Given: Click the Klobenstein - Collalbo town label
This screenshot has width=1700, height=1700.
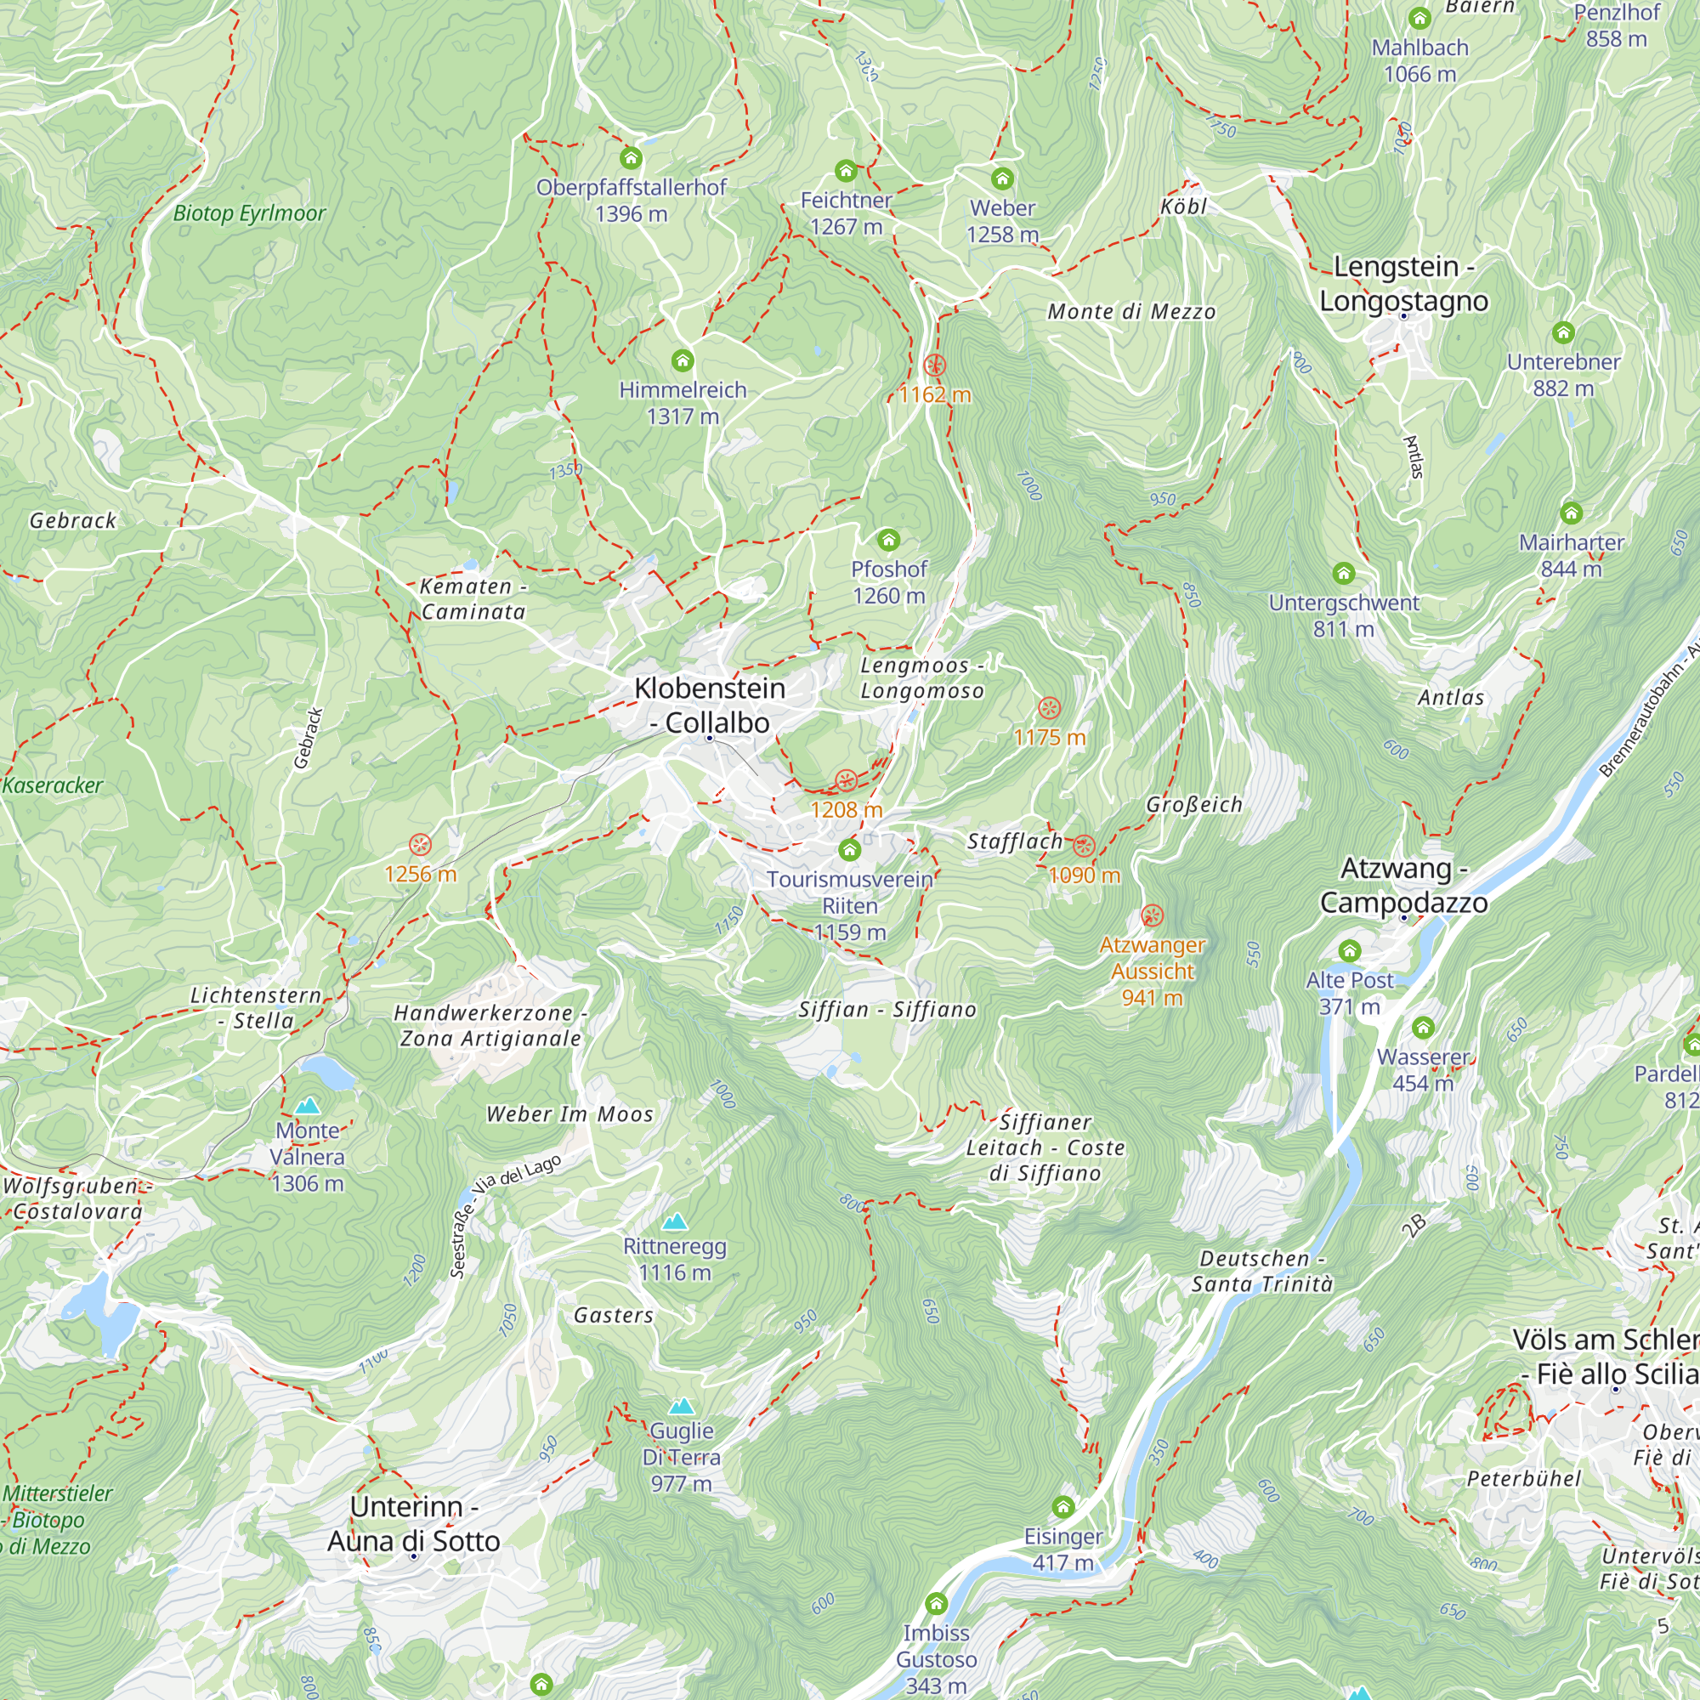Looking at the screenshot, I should pyautogui.click(x=709, y=705).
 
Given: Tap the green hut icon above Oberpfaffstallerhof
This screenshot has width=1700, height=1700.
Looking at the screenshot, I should pyautogui.click(x=631, y=158).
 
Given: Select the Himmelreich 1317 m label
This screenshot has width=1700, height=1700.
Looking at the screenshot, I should pyautogui.click(x=682, y=402).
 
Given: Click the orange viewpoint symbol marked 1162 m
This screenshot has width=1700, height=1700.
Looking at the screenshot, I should pyautogui.click(x=934, y=365).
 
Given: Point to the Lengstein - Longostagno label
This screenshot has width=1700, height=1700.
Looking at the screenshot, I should pyautogui.click(x=1402, y=282).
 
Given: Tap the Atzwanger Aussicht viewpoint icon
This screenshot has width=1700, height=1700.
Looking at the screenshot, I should pyautogui.click(x=1152, y=916).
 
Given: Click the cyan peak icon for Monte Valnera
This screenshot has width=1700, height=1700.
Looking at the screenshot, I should pyautogui.click(x=307, y=1106).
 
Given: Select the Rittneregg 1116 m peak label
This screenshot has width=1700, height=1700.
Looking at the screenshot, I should pyautogui.click(x=674, y=1259).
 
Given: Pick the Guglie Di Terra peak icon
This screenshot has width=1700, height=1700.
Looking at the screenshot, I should pyautogui.click(x=681, y=1406).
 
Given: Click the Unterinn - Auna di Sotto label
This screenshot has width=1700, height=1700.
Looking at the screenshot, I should pyautogui.click(x=414, y=1524).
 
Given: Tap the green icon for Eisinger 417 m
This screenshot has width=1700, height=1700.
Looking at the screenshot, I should pyautogui.click(x=1063, y=1507).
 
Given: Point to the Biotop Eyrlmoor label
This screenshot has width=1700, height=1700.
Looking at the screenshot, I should pyautogui.click(x=249, y=213).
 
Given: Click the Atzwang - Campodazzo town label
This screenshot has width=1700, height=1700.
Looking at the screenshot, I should pyautogui.click(x=1402, y=885).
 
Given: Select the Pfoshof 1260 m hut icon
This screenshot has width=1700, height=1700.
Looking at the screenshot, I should pyautogui.click(x=889, y=540).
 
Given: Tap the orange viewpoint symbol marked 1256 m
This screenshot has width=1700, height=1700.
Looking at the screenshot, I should pyautogui.click(x=421, y=845).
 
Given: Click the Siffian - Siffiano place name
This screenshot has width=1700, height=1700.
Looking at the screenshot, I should pyautogui.click(x=887, y=1009).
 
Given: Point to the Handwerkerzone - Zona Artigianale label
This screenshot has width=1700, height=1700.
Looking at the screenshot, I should pyautogui.click(x=490, y=1025).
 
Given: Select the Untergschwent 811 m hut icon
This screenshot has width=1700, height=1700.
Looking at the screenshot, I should pyautogui.click(x=1343, y=574).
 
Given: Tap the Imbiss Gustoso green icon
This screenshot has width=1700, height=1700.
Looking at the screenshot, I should pyautogui.click(x=936, y=1603).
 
